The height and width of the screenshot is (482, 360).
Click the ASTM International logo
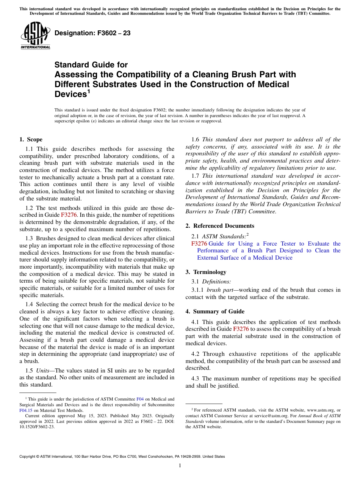tap(35, 35)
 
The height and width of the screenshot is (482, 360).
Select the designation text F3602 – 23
tap(92, 33)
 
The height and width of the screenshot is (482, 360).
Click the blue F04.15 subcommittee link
tap(25, 410)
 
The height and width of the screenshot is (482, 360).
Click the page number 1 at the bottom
tap(180, 465)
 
